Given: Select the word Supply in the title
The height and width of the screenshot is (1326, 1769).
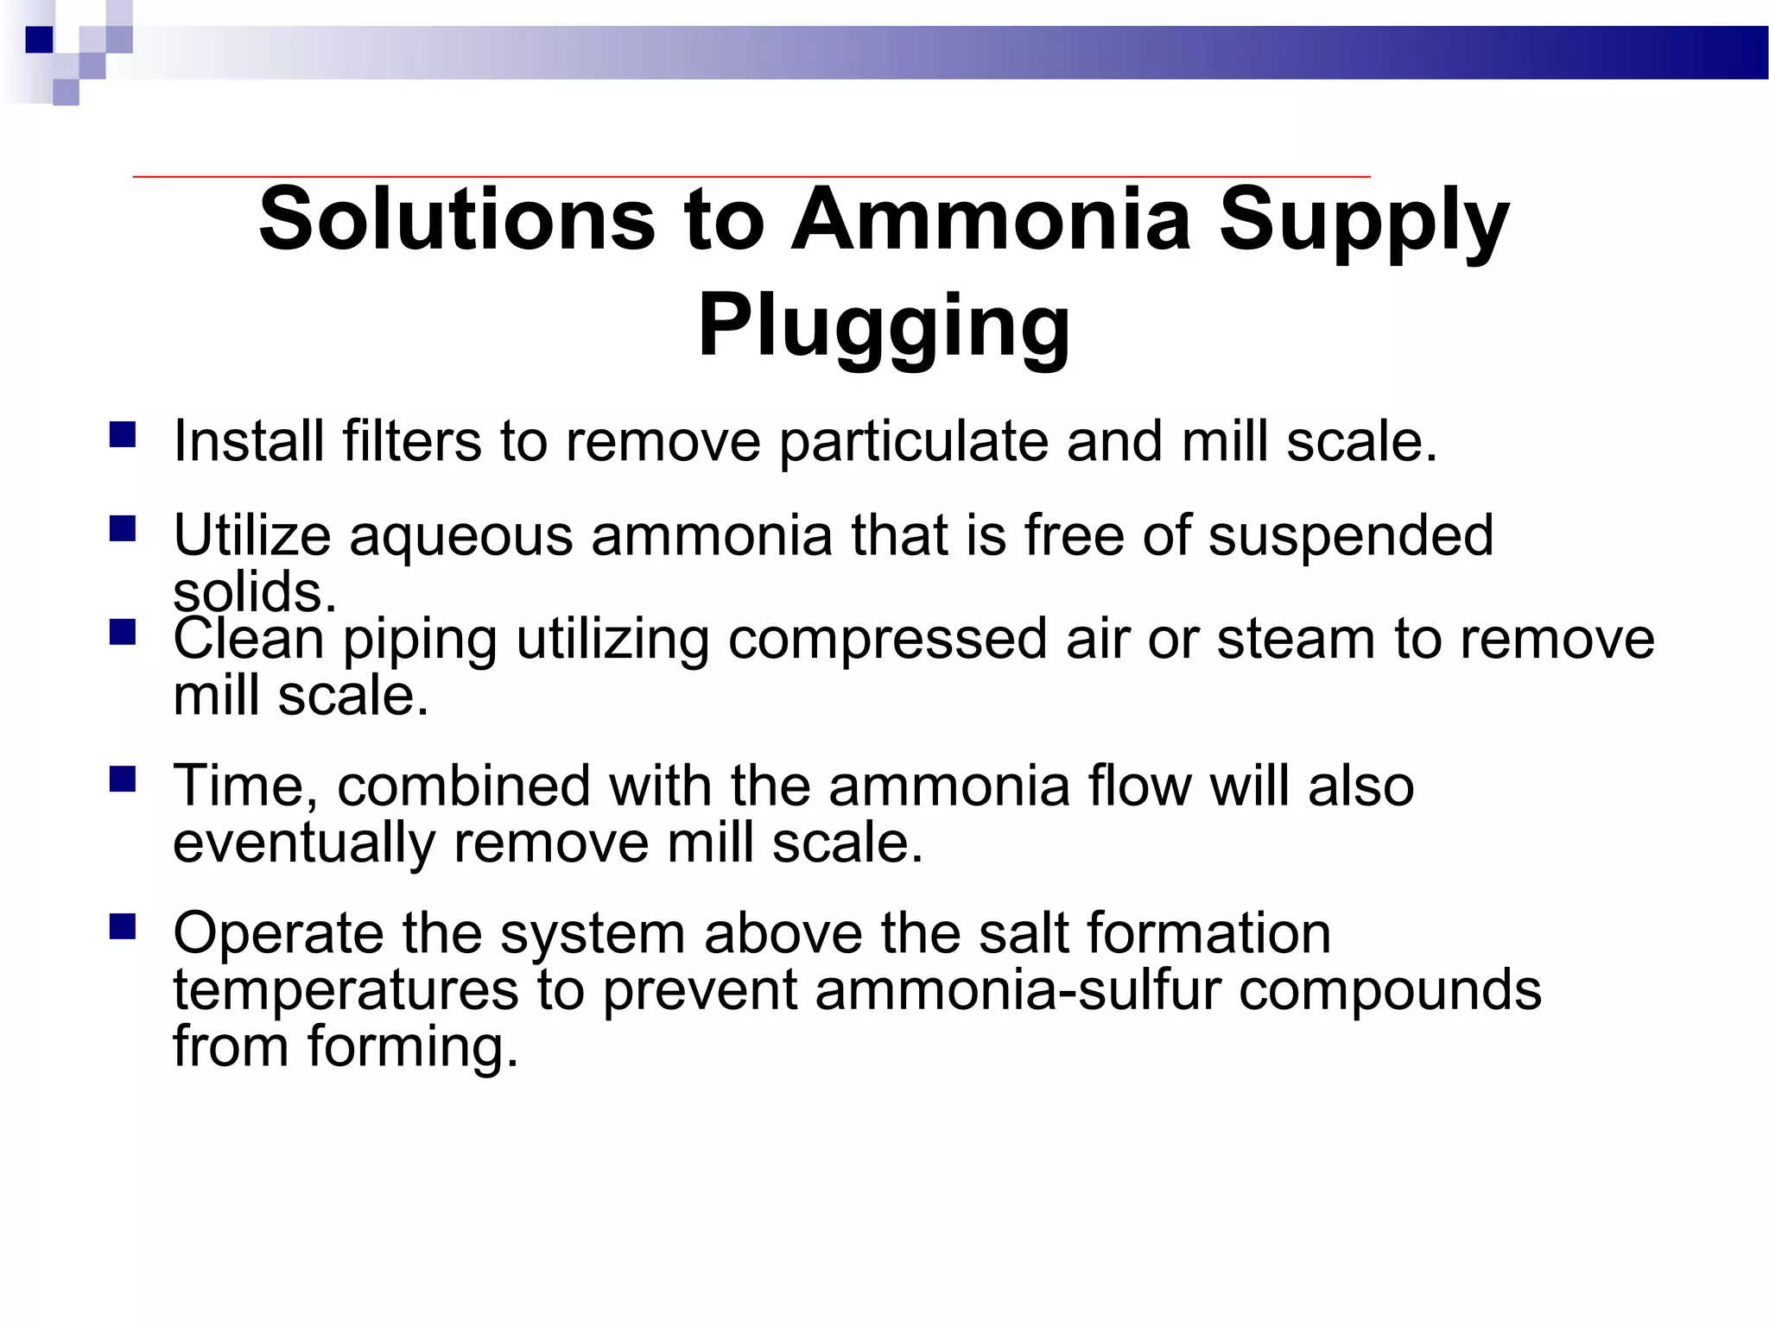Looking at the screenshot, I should (1364, 223).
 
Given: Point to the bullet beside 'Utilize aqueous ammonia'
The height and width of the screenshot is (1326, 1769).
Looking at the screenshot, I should (123, 527).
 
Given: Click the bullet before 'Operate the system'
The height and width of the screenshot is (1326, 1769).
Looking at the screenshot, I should (123, 926).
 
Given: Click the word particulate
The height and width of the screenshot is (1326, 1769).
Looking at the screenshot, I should (913, 442).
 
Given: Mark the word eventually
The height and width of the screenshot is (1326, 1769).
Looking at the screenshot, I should (304, 844).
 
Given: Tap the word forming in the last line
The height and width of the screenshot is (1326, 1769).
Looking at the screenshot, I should (413, 1048).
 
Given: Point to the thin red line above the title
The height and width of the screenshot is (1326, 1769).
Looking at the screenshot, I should (751, 176).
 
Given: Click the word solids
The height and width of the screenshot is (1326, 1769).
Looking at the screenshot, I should (254, 594).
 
